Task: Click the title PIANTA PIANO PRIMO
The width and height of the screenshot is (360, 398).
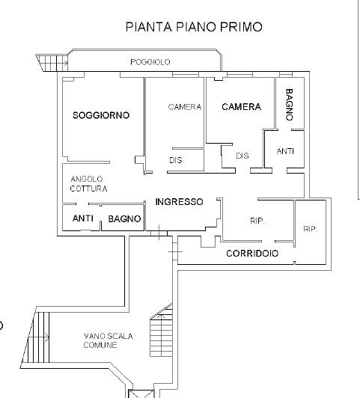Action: [194, 27]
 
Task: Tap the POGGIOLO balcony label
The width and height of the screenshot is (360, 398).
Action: [150, 62]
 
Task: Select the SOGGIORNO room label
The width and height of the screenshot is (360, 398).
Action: [101, 115]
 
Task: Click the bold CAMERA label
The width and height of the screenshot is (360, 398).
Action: [241, 106]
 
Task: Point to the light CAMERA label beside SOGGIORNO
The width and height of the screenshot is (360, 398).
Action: [185, 107]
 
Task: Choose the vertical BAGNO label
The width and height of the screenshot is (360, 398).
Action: [290, 104]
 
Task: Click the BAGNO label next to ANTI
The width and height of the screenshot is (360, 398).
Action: [124, 218]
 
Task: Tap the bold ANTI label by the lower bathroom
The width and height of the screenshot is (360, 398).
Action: [83, 218]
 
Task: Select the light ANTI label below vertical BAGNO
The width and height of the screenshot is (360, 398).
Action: [285, 151]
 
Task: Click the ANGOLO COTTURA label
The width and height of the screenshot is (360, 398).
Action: [88, 184]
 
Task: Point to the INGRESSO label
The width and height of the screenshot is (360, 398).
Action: [179, 202]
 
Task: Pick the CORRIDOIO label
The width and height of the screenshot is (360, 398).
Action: [252, 254]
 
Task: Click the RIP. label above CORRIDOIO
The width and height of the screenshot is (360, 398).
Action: [257, 221]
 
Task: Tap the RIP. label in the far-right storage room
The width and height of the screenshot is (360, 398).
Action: [311, 229]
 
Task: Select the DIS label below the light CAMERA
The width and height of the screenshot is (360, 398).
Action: [176, 160]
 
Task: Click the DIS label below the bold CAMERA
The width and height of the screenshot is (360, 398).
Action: [242, 156]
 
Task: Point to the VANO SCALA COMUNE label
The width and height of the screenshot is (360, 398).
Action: [109, 340]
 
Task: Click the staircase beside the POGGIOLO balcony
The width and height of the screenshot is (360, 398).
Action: [52, 63]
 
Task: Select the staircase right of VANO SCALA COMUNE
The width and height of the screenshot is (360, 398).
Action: [161, 330]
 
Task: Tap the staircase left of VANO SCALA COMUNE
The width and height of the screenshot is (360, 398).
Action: [36, 337]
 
